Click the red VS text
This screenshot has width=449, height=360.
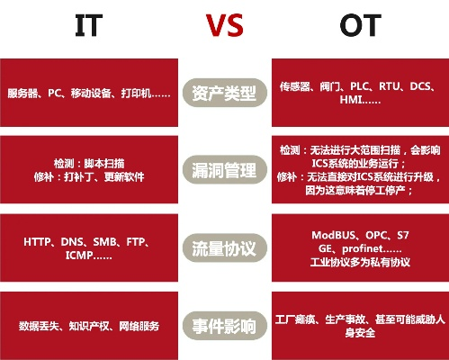click(x=224, y=26)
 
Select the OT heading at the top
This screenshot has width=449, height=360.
click(x=360, y=26)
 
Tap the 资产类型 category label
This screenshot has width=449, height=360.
click(x=225, y=92)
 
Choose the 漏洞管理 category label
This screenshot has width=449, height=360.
click(x=225, y=169)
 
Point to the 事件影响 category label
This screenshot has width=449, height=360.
click(x=225, y=325)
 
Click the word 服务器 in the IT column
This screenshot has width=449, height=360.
click(x=22, y=94)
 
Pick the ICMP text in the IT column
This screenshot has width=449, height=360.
click(x=77, y=256)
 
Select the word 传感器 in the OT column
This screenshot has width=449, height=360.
click(x=296, y=86)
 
